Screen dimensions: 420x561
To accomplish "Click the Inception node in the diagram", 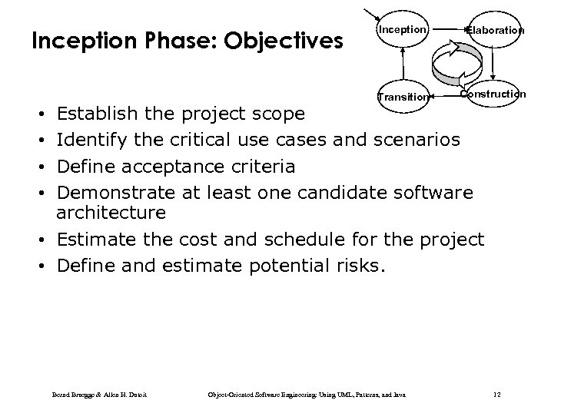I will click(400, 30).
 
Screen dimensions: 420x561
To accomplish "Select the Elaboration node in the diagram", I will click(495, 31).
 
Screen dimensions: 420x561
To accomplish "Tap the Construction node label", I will click(493, 94).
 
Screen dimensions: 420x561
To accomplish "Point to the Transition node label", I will click(402, 97).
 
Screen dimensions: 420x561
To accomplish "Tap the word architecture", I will click(111, 211).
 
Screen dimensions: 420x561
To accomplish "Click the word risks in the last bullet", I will click(363, 266).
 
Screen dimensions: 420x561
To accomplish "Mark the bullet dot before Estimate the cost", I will click(48, 240).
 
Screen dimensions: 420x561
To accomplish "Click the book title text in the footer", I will click(307, 395).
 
